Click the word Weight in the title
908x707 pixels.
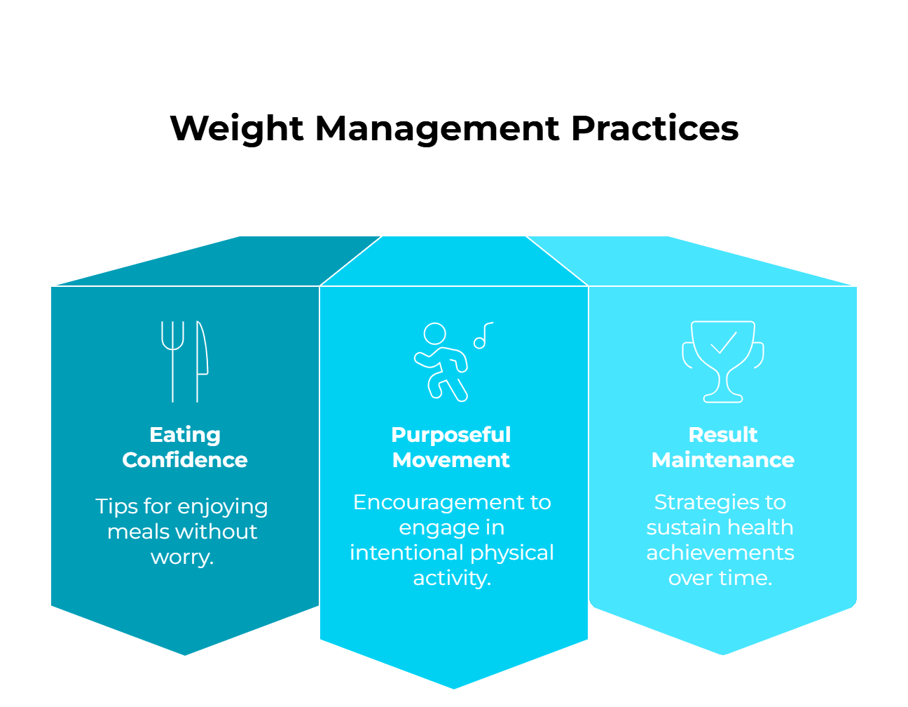pyautogui.click(x=237, y=129)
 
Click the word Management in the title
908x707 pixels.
pyautogui.click(x=436, y=129)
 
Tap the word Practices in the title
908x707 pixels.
pyautogui.click(x=654, y=128)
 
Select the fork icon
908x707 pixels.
pyautogui.click(x=172, y=361)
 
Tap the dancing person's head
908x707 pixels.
pyautogui.click(x=434, y=333)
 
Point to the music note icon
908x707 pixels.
pyautogui.click(x=483, y=335)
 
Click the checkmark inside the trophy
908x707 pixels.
pyautogui.click(x=724, y=342)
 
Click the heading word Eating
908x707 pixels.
pyautogui.click(x=185, y=436)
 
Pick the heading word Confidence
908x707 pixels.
pyautogui.click(x=185, y=460)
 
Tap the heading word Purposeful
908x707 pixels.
pyautogui.click(x=451, y=436)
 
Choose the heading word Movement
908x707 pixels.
pyautogui.click(x=451, y=460)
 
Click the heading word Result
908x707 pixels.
pyautogui.click(x=723, y=435)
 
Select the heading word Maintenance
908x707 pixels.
pyautogui.click(x=723, y=460)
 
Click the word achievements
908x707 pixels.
pyautogui.click(x=720, y=553)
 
